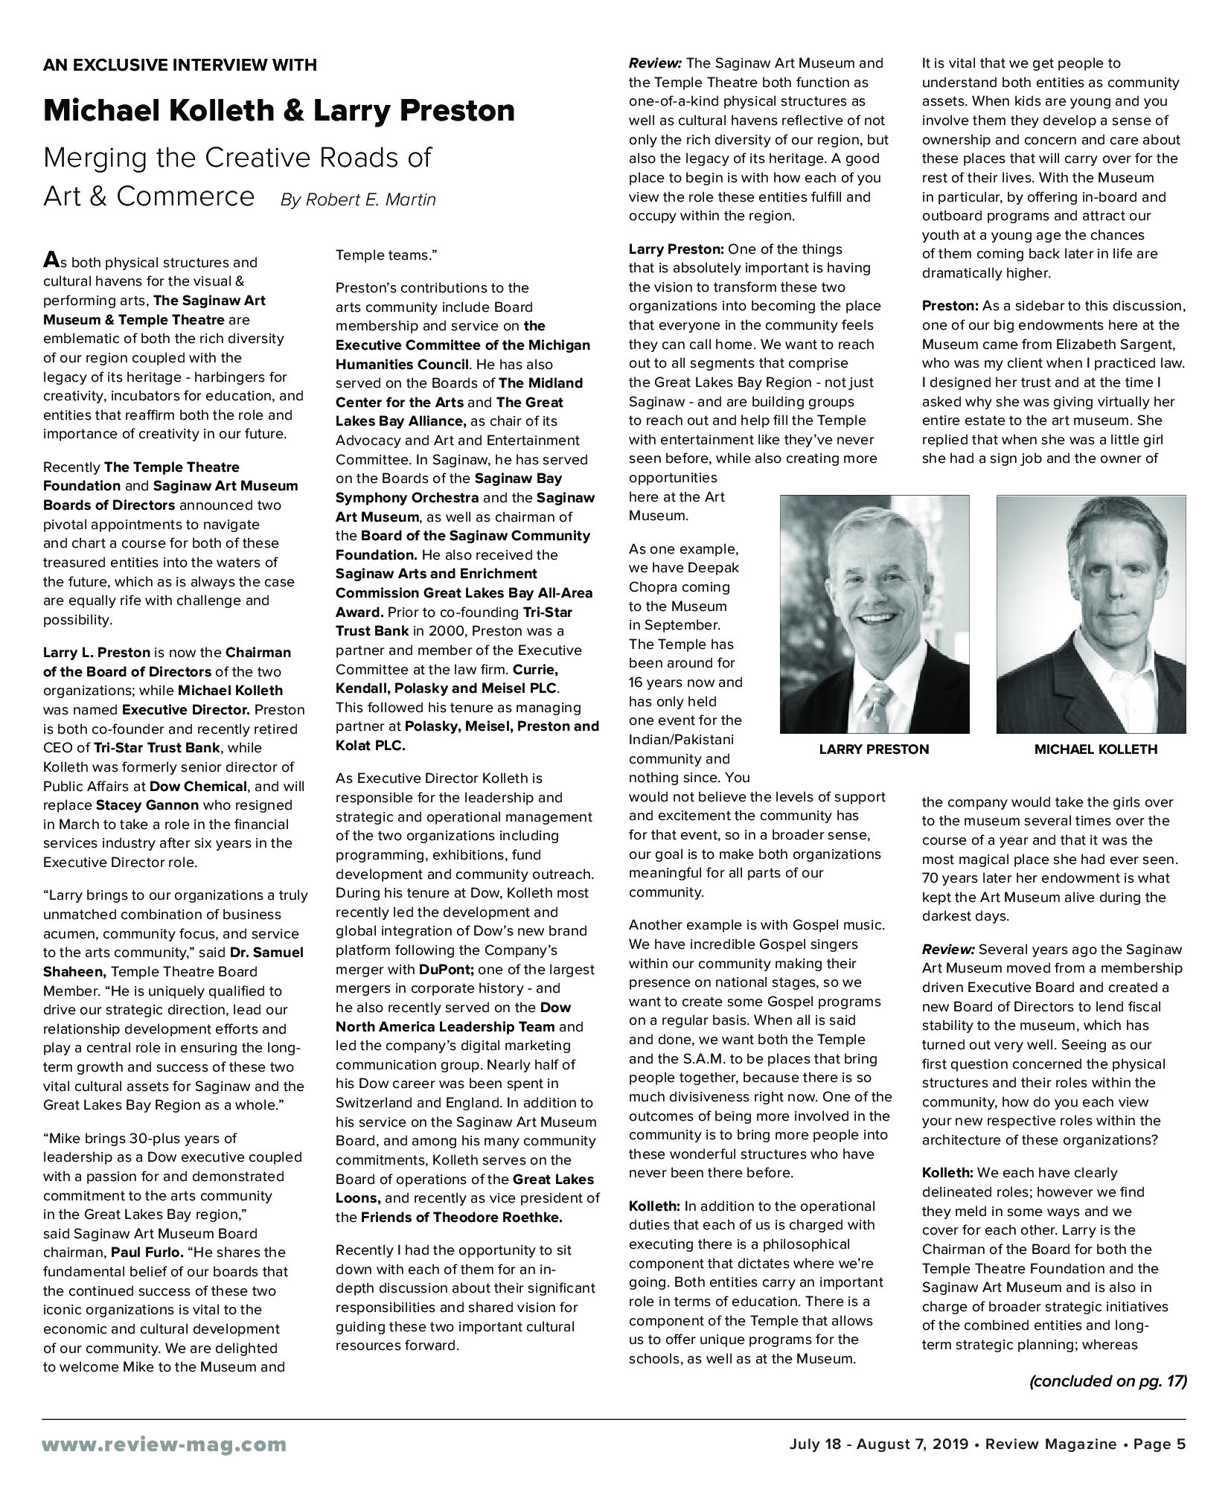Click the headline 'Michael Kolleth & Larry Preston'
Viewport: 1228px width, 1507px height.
pos(279,111)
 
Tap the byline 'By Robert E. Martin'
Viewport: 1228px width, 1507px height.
pos(358,200)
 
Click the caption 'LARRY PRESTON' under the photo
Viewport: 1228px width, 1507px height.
pos(874,749)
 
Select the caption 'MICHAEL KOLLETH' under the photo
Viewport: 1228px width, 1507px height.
pos(1096,749)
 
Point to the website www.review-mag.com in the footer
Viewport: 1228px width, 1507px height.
pos(164,1444)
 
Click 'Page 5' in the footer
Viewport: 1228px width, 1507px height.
pos(1160,1444)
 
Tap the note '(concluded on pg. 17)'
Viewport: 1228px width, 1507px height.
pos(1107,1381)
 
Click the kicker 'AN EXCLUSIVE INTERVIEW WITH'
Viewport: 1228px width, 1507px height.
pos(180,65)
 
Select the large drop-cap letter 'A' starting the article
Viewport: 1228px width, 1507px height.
pos(51,260)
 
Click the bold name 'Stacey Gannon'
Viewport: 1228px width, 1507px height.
pos(147,805)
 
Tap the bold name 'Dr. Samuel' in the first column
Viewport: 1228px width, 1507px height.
pos(266,953)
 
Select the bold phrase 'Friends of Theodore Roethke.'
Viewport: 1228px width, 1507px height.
pos(461,1218)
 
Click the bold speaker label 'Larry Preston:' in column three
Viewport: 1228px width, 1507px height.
pos(676,249)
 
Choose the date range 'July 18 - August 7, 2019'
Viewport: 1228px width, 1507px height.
pos(878,1444)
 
